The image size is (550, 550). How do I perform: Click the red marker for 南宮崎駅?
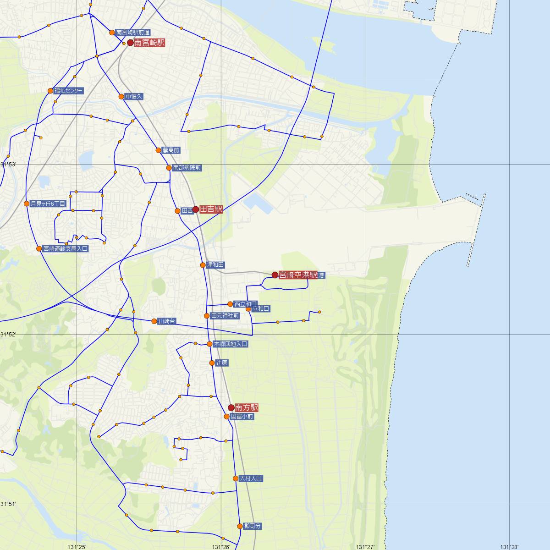tap(130, 43)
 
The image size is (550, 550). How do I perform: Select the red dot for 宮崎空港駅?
tap(275, 275)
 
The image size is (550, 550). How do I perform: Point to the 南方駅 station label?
tap(247, 407)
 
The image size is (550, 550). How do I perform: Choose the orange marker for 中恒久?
tap(121, 97)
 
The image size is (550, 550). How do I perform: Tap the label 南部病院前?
tap(187, 168)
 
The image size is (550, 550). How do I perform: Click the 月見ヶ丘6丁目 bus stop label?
tap(48, 203)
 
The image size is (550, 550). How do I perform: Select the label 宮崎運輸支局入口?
tap(66, 249)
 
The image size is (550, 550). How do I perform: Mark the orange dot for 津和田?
tap(203, 265)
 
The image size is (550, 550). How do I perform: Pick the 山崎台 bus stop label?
tap(167, 321)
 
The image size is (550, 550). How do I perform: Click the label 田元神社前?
tap(225, 316)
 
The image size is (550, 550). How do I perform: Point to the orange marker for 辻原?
tap(212, 363)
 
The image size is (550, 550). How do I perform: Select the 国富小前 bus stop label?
tap(242, 417)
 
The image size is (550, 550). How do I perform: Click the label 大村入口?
tap(251, 478)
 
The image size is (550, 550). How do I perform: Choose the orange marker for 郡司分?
tap(240, 526)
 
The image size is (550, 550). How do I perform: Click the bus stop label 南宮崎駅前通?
tap(133, 33)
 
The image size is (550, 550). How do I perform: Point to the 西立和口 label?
tap(246, 304)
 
